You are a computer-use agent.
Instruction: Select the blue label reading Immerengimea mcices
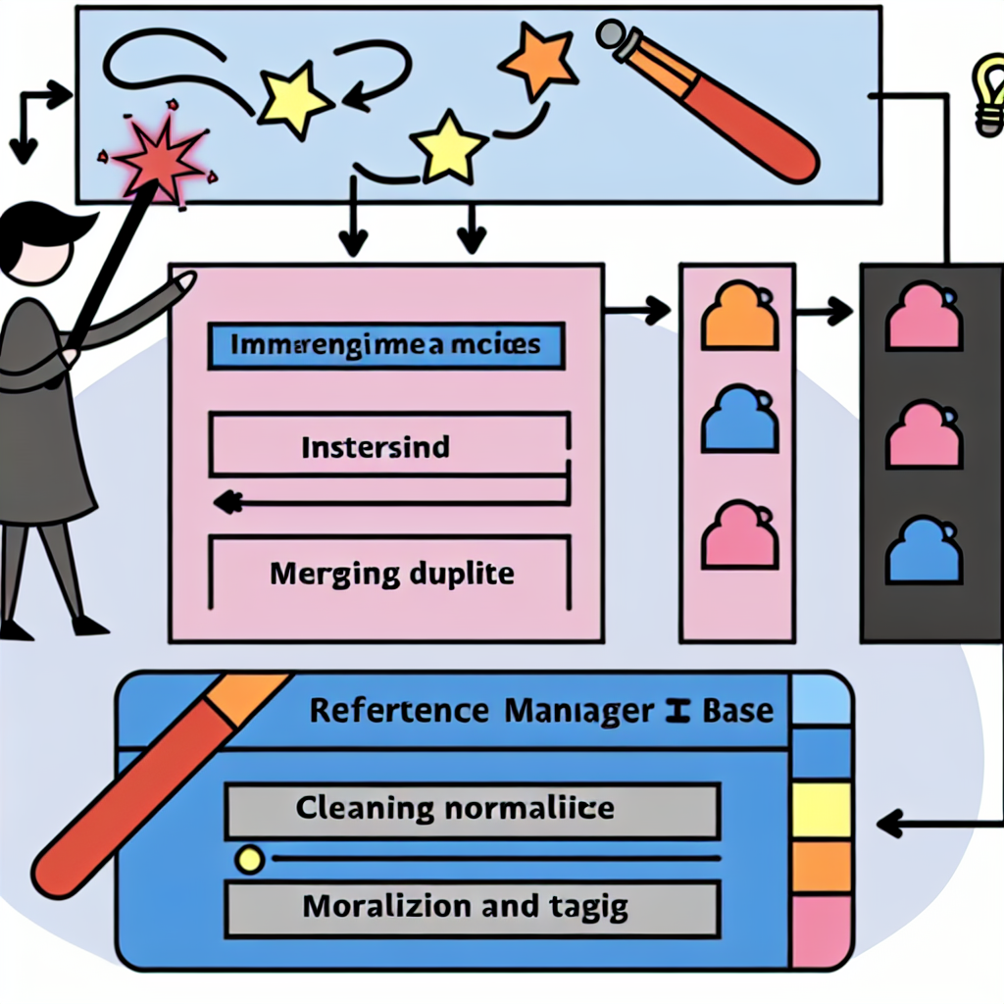click(x=386, y=345)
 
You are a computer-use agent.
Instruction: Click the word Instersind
click(x=375, y=448)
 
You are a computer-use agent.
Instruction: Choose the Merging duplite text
click(x=391, y=573)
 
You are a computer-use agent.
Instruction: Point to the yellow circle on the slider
click(x=250, y=860)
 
